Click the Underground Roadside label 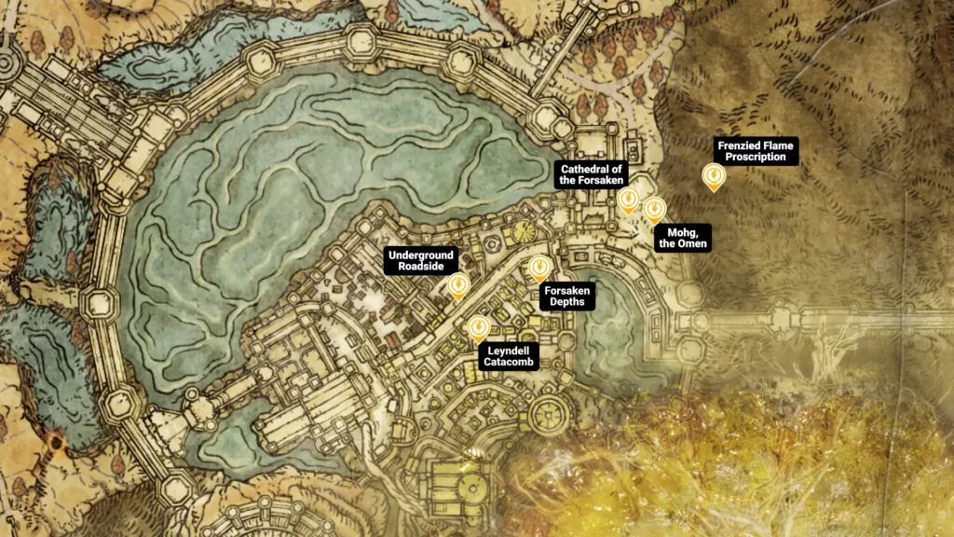coord(421,260)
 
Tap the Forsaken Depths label coord(566,296)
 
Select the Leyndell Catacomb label coord(507,357)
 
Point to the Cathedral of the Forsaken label coord(592,173)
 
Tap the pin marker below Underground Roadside coord(457,285)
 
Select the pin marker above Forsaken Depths coord(538,268)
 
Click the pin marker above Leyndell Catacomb coord(478,327)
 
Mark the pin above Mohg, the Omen coord(654,209)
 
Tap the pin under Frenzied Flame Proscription coord(714,175)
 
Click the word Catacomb coord(507,364)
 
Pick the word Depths coord(566,303)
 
